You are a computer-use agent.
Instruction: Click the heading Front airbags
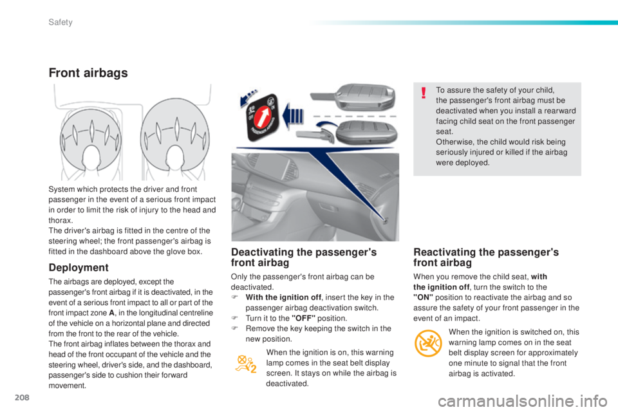tap(88, 73)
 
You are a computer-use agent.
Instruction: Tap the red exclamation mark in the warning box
tap(423, 94)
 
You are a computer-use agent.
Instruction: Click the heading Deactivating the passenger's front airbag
tap(304, 257)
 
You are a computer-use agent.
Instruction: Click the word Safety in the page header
tap(59, 23)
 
